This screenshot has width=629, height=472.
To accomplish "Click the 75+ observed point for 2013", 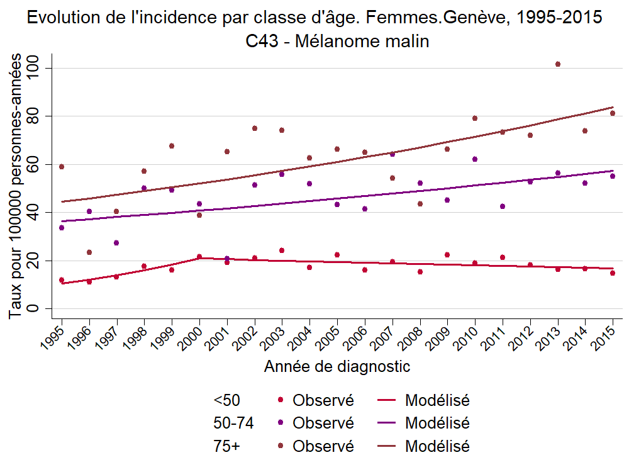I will coord(558,64).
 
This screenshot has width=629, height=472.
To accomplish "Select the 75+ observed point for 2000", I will coord(199,215).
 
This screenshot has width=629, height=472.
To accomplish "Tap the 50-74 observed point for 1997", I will coord(116,243).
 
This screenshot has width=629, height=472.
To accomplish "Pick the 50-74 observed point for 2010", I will coord(475,159).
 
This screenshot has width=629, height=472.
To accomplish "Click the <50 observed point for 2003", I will coord(282,250).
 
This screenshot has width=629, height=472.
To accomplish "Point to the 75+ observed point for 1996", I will coord(89,252).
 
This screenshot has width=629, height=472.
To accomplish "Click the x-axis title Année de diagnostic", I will coord(337,366).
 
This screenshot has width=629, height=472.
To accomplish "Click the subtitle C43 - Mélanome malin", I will coord(337,42).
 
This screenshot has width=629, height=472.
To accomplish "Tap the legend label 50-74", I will coord(233,423).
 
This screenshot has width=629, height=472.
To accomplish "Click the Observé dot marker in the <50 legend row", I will coord(281,400).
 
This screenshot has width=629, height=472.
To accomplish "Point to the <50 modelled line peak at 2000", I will coord(199,257).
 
